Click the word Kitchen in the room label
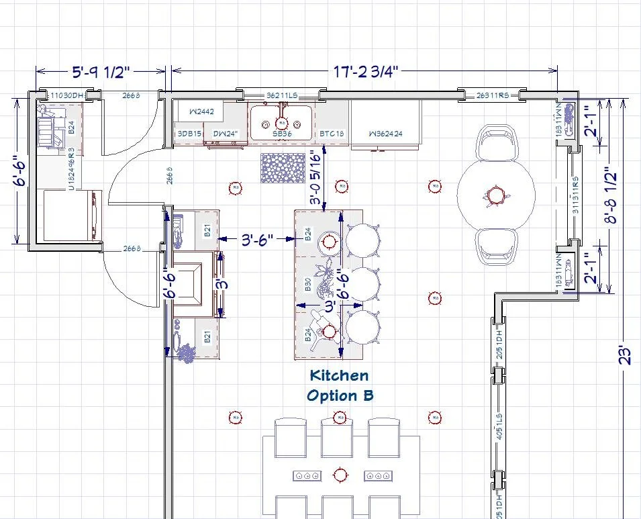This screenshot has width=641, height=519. tap(338, 375)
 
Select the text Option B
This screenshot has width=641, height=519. tap(340, 395)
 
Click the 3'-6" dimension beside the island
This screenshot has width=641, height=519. tap(258, 239)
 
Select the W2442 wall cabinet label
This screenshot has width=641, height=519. tap(201, 111)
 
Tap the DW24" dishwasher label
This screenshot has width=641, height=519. tap(226, 134)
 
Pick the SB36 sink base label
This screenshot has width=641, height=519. tap(281, 134)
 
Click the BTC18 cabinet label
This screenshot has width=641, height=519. tap(332, 134)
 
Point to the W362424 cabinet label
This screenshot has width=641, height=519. tap(385, 134)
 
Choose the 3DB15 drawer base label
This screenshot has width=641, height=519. tap(189, 134)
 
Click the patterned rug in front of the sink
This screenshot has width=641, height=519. tap(281, 168)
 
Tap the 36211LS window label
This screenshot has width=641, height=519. tap(281, 96)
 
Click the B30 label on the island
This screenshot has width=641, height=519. tap(308, 285)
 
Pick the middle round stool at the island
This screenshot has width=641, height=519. tap(362, 283)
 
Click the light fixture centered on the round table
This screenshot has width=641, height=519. tap(495, 195)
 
